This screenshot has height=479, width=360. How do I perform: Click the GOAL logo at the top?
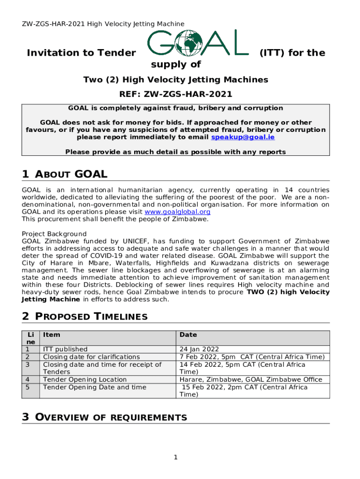(x=198, y=44)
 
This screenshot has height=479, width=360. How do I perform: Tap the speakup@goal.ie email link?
(x=243, y=138)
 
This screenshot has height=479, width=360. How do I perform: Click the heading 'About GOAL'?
(x=65, y=174)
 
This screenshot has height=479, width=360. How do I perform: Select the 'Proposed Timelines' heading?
(x=85, y=316)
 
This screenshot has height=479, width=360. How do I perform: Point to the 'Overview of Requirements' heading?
(x=104, y=417)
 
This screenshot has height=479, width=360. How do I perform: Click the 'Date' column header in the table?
(x=188, y=335)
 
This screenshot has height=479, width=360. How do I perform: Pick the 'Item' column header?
(x=51, y=335)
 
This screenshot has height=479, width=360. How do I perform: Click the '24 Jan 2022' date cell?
(x=199, y=349)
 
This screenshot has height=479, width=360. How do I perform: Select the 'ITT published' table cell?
(x=65, y=349)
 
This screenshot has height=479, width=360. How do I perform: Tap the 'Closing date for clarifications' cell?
(x=91, y=357)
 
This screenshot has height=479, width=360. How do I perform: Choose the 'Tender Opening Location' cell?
(x=85, y=379)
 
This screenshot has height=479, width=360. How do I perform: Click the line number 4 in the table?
(x=28, y=379)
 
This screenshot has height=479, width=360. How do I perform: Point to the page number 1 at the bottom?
(x=176, y=457)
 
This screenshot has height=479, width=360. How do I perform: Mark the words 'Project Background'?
(x=54, y=234)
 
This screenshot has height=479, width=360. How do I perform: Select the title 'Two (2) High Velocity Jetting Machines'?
(x=176, y=80)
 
